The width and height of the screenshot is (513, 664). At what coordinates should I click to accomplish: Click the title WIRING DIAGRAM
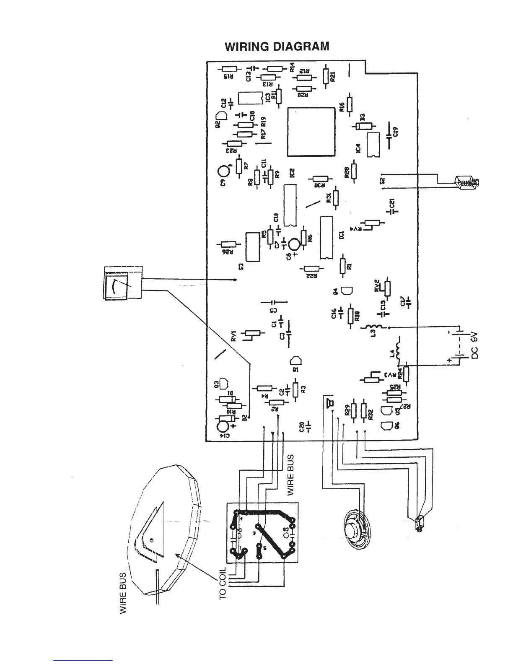[x=277, y=46]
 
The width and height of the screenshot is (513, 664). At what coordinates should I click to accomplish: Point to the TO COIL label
[x=223, y=583]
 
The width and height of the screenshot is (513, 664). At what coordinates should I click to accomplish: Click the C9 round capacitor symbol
[x=224, y=171]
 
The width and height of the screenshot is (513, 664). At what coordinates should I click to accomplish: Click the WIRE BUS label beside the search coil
[x=124, y=594]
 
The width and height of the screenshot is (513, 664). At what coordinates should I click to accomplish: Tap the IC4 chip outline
[x=372, y=145]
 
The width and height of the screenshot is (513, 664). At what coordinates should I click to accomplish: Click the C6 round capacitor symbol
[x=295, y=244]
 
